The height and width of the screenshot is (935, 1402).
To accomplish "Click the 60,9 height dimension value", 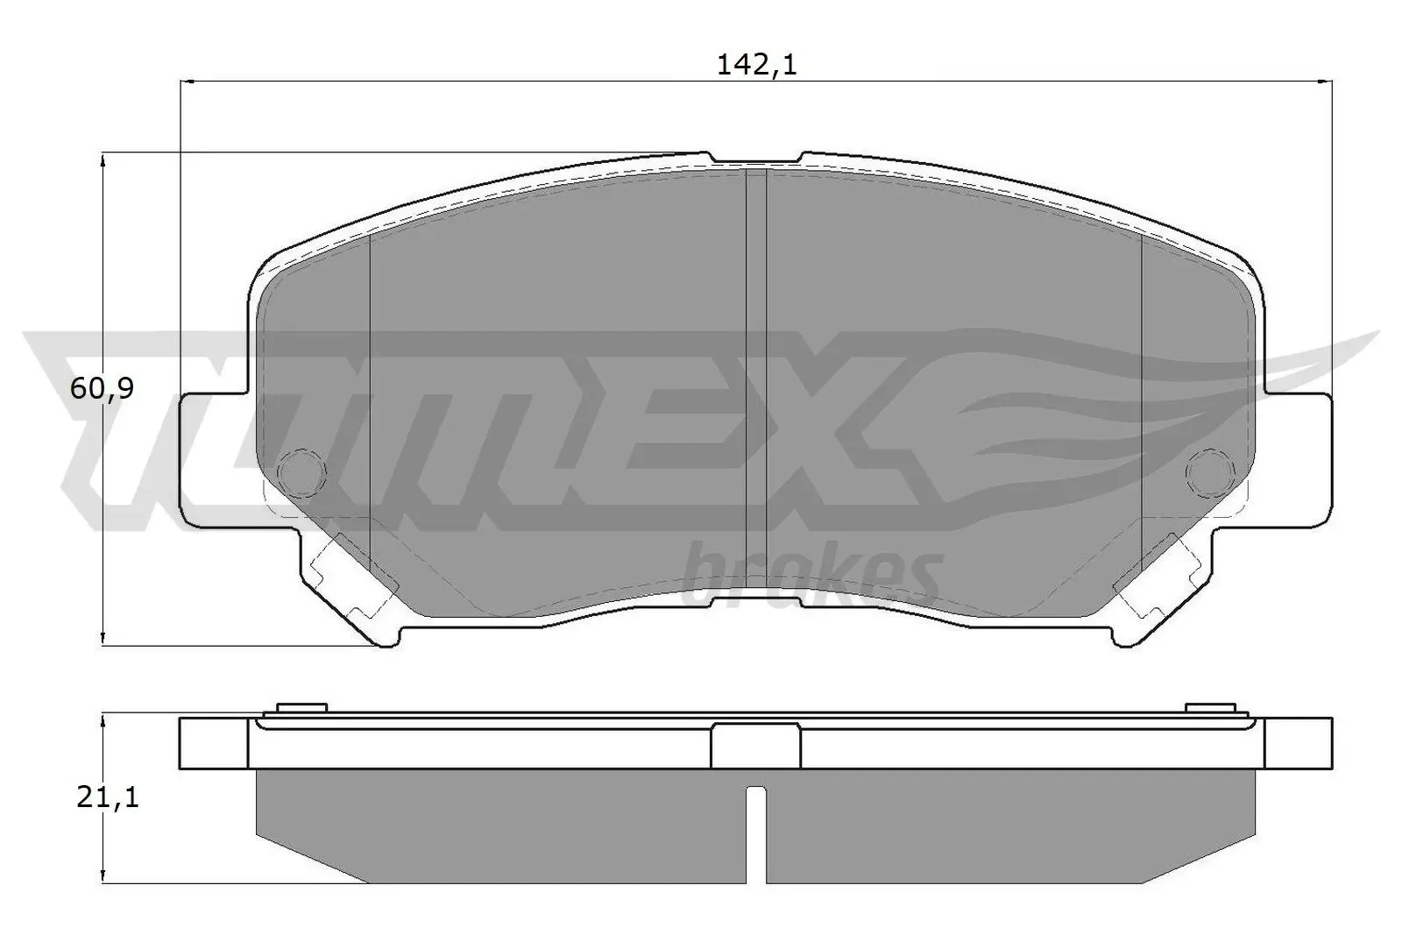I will coord(102,388).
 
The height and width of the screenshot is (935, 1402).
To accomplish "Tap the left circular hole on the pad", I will coord(301,472).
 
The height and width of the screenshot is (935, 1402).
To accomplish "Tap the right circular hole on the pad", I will coord(1210,472).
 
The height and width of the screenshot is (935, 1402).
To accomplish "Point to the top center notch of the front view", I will coord(755,158).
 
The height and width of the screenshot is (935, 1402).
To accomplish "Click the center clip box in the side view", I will coord(755,747).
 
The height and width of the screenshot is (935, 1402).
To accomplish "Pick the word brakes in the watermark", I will coord(811,574).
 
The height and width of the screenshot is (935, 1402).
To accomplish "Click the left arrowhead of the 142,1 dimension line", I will coord(185,82).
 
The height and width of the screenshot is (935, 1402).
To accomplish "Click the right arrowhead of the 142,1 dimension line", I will coord(1327,82).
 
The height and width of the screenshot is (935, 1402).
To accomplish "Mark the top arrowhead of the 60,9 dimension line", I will coord(104,159).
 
